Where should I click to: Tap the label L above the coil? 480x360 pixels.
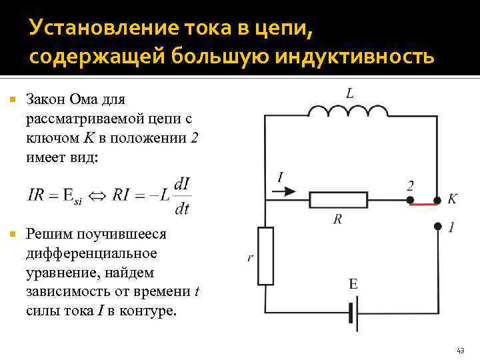(350, 93)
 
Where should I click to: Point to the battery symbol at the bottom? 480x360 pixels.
(353, 313)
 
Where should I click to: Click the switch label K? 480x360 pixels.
(453, 199)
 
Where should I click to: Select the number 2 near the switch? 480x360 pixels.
(410, 185)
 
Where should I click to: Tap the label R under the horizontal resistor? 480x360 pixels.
(337, 218)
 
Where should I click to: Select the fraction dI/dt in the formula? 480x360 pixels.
(181, 195)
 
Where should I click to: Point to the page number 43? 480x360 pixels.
(460, 349)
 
